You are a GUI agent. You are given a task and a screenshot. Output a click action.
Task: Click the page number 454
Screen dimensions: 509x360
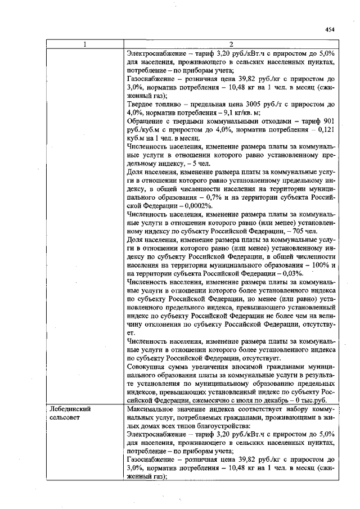coord(330,30)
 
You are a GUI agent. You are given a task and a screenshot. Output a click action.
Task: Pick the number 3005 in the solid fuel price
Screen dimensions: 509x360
coord(265,105)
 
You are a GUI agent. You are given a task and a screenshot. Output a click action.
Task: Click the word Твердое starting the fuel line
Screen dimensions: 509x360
coord(142,105)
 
